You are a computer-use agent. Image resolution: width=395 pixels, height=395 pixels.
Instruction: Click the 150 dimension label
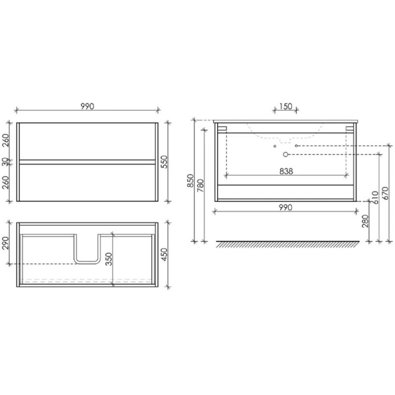[286, 106]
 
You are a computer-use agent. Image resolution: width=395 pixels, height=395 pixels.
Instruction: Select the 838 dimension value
[286, 171]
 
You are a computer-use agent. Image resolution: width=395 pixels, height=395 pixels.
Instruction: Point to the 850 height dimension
[190, 181]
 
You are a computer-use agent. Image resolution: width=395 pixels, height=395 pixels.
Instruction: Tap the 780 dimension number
[200, 186]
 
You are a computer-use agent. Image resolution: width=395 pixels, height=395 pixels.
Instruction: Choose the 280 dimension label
[365, 221]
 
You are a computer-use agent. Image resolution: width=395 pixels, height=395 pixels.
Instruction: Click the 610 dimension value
[375, 197]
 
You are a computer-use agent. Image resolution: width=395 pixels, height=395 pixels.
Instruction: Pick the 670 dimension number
[385, 193]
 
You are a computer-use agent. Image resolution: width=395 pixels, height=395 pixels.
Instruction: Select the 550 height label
[164, 162]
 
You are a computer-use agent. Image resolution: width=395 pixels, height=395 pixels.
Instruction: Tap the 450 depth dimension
[164, 254]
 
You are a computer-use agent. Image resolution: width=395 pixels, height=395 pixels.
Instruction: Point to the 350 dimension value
[109, 259]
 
